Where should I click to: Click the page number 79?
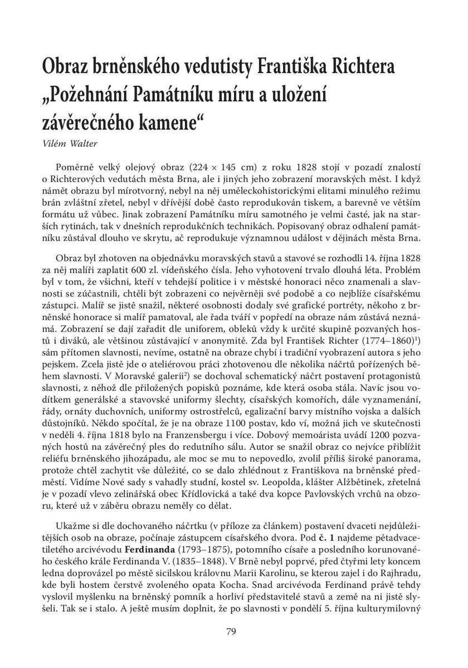click(233, 631)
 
